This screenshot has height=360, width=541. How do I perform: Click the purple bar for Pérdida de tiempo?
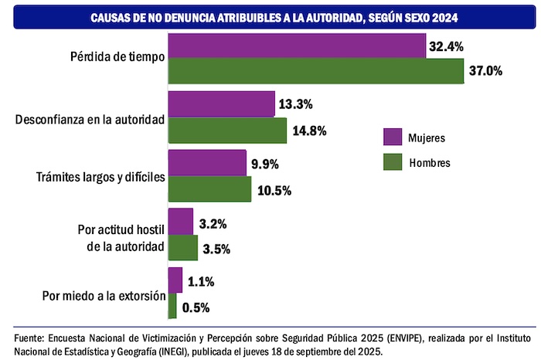tap(296, 46)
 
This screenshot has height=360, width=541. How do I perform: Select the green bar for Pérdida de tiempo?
tap(315, 71)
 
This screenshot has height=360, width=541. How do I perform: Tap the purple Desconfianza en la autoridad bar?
tap(221, 104)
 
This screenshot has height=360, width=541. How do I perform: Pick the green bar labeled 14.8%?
tap(227, 130)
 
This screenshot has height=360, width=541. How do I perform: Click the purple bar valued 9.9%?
tap(206, 163)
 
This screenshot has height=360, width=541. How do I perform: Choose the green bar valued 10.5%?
tap(209, 188)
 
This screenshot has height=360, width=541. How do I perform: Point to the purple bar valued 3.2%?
tap(180, 222)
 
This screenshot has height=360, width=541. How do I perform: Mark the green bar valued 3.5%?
tap(182, 247)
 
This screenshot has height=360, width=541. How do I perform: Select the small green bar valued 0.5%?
tap(172, 306)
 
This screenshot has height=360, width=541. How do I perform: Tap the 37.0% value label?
tap(486, 71)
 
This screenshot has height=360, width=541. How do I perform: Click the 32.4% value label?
tap(446, 46)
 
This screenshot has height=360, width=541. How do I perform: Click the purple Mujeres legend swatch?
tap(393, 138)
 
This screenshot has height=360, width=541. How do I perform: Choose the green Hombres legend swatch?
tap(393, 163)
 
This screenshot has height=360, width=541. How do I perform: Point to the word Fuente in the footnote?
tap(29, 338)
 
